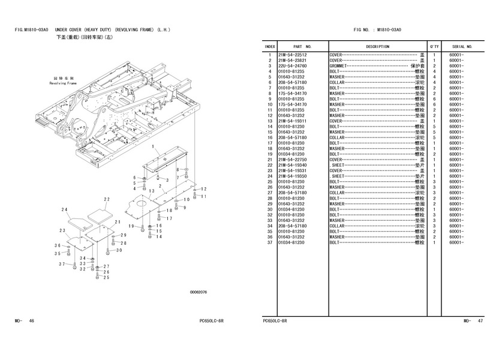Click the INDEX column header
coord(270,47)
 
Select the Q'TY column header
coord(434,47)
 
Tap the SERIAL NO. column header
coord(462,47)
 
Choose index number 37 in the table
coord(270,242)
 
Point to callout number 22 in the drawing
coord(107,199)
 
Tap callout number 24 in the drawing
coord(64,209)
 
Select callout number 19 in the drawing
coord(130,226)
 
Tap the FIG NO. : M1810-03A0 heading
coord(377,29)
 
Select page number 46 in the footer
coord(31,321)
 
